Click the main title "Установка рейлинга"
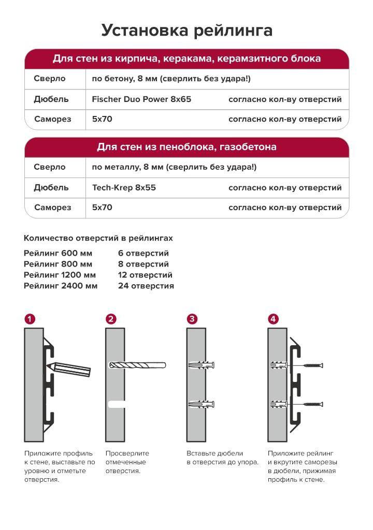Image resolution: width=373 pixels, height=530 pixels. click(187, 31)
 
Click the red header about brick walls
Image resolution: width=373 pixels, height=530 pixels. click(187, 58)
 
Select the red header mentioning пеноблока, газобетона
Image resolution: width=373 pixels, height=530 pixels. click(187, 147)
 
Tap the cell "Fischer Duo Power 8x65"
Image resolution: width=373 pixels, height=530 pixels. click(141, 99)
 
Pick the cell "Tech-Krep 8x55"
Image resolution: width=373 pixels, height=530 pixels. click(124, 187)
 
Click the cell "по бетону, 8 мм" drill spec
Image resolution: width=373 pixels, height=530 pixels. click(171, 79)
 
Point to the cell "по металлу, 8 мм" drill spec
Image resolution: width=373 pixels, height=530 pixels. click(174, 167)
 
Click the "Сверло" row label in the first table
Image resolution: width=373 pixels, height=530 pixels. click(50, 79)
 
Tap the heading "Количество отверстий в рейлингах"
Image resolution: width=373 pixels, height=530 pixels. click(98, 238)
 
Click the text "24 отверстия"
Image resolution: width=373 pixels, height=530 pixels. click(146, 286)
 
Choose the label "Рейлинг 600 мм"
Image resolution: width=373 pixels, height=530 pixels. click(58, 254)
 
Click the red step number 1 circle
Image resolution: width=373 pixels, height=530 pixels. click(30, 319)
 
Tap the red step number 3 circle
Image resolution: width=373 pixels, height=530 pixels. click(192, 319)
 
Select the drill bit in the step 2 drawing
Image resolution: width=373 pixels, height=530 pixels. click(137, 365)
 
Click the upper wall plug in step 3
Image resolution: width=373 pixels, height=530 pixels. click(203, 365)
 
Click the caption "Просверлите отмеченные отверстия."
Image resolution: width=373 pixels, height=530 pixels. click(127, 462)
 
